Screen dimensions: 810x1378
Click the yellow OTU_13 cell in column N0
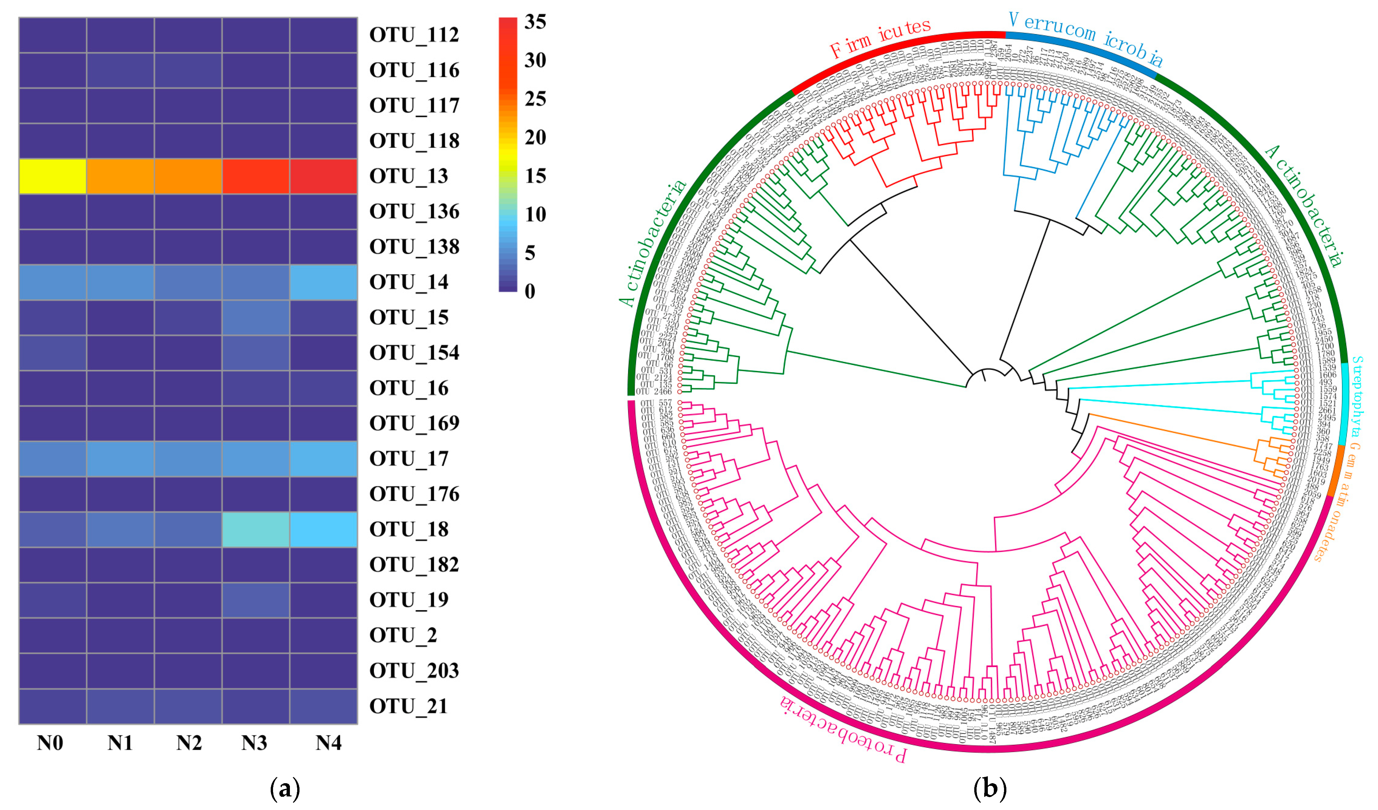53,176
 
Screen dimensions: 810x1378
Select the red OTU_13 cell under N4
323,176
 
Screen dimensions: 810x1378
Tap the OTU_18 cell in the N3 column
255,529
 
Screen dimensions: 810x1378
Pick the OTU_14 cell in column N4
323,282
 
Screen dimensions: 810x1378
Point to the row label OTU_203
414,671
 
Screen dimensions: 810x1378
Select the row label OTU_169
414,423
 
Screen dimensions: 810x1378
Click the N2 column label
189,743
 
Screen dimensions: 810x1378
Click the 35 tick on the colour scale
535,22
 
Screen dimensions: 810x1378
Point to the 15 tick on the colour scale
535,176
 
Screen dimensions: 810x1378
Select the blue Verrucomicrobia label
1085,37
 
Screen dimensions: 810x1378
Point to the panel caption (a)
285,789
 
